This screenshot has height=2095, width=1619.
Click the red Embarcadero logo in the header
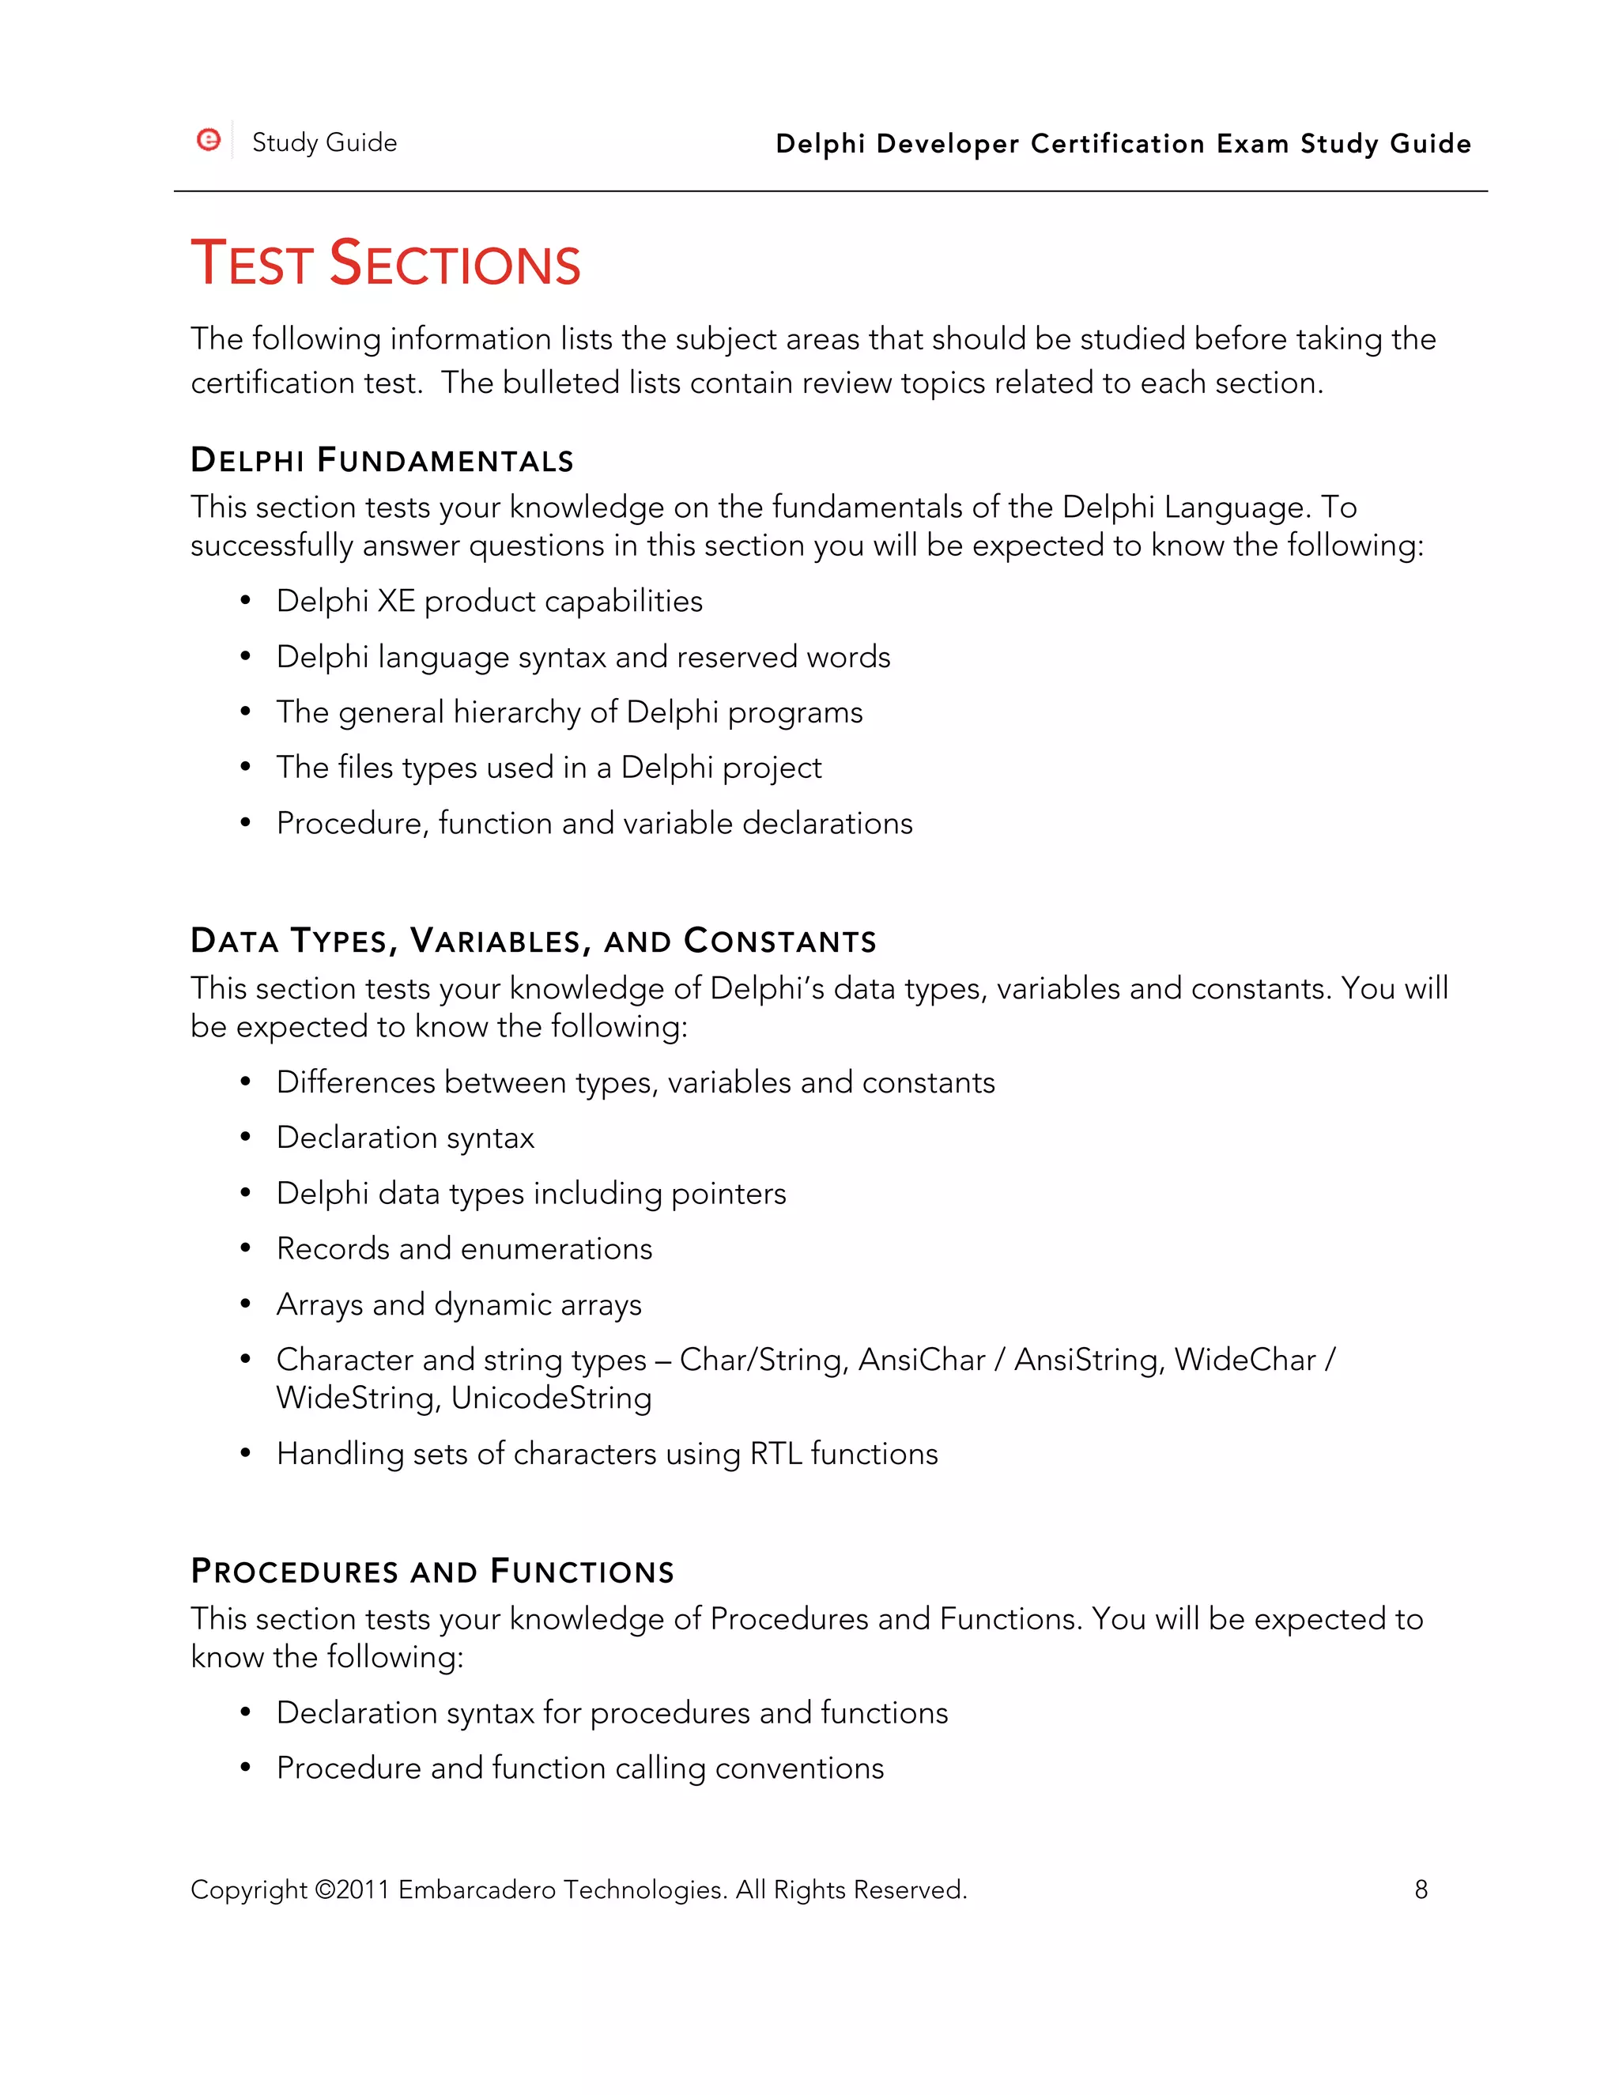coord(208,140)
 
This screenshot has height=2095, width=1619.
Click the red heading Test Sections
coord(386,264)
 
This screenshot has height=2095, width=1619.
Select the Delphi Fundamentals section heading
coord(382,460)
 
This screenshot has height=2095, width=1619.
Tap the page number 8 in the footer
coord(1421,1889)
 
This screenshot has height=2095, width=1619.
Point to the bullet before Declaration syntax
coord(246,1138)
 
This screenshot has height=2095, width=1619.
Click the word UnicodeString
coord(552,1398)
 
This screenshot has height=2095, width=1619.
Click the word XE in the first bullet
coord(396,602)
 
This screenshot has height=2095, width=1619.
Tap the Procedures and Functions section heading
coord(432,1572)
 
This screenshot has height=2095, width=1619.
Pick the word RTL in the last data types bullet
coord(775,1453)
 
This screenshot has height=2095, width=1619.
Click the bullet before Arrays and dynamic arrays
coord(246,1304)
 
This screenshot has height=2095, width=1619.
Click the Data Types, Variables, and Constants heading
coord(534,941)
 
